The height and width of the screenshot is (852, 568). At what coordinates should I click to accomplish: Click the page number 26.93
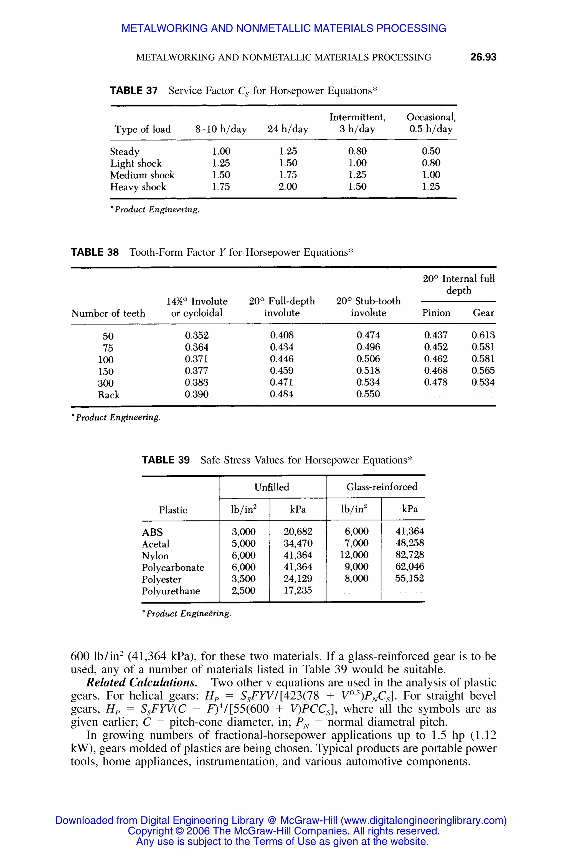coord(483,57)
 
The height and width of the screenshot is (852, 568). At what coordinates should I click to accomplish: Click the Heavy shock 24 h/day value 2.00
coord(288,187)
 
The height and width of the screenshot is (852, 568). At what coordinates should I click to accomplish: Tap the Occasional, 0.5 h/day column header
coord(431,123)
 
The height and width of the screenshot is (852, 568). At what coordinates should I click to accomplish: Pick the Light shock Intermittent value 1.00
coord(357,163)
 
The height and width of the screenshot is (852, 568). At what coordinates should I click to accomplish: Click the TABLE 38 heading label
coord(95,252)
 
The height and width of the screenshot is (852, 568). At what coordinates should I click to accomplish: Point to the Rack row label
coord(109,395)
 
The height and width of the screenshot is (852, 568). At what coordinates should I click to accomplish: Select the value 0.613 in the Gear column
coord(483,335)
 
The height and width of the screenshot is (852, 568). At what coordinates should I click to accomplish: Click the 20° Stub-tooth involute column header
coord(368,307)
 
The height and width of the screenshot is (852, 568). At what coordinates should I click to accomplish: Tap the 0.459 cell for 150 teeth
coord(282,371)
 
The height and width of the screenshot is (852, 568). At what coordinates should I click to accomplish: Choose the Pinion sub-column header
coord(436,313)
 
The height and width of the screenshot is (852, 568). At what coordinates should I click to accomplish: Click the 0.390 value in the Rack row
coord(196,394)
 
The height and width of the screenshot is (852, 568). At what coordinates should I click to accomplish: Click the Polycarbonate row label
coord(173,567)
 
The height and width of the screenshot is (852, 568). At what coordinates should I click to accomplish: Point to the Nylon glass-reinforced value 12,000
coord(354,555)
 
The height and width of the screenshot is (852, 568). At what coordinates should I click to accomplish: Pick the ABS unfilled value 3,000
coord(244,532)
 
